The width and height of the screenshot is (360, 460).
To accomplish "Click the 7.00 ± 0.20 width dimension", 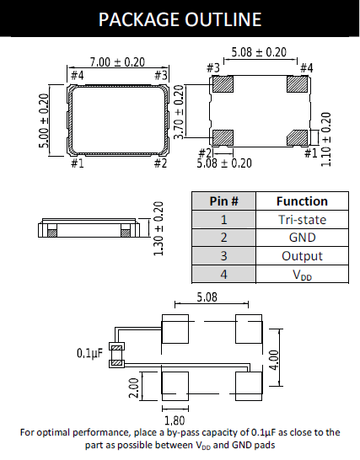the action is click(117, 62).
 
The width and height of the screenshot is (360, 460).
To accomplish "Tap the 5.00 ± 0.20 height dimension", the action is click(44, 120).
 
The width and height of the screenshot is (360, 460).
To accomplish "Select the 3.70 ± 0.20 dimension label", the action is click(179, 112).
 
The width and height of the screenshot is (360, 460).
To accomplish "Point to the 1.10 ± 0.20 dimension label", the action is click(326, 139).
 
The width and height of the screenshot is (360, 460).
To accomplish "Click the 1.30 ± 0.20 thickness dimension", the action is click(159, 228).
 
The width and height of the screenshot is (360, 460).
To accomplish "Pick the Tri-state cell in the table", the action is click(302, 219).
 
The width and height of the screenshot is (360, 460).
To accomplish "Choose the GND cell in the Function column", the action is click(302, 238).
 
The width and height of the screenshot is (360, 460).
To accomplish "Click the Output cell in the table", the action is click(302, 256).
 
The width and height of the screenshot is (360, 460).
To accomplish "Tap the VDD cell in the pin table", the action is click(302, 275).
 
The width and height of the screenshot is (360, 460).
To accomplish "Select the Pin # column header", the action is click(223, 201).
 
